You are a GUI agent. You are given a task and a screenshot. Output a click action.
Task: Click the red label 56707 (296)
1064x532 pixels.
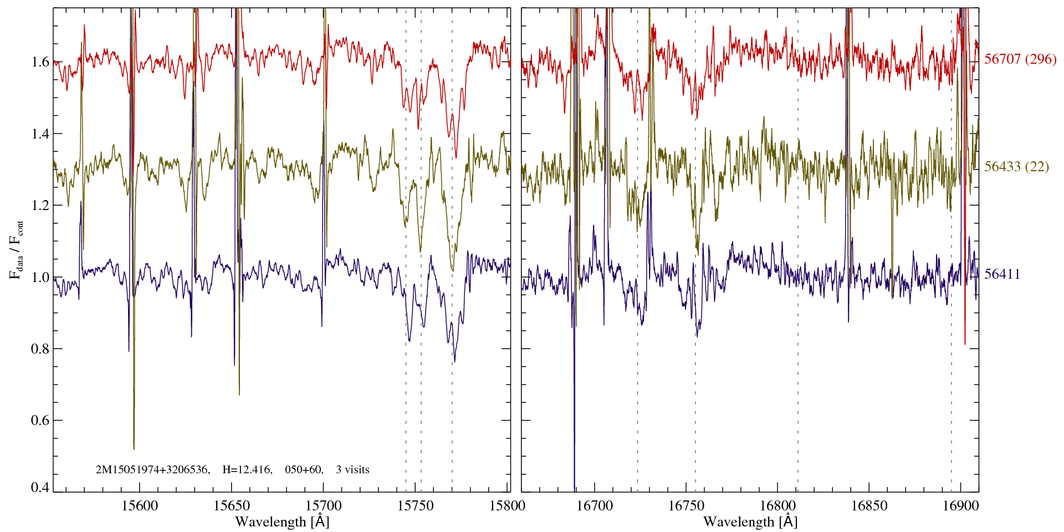coord(1020,59)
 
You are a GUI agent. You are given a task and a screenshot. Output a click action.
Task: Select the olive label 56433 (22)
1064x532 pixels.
coord(1016,167)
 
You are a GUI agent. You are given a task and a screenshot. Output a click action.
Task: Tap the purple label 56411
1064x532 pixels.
coord(1002,274)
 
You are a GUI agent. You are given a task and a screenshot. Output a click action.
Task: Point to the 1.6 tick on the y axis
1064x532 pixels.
coord(40,62)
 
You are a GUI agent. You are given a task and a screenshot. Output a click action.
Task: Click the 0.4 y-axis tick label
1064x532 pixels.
coord(40,488)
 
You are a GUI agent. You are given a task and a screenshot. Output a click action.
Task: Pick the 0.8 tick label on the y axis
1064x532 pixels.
coord(40,349)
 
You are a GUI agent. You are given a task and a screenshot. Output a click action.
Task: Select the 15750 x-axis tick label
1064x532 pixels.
coord(416,505)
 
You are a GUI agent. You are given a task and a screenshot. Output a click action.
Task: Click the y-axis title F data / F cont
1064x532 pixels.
coord(16,249)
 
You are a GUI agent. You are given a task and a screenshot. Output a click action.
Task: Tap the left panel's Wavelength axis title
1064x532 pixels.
coord(282,521)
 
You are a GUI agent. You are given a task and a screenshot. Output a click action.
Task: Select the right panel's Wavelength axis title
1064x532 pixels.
coord(750,521)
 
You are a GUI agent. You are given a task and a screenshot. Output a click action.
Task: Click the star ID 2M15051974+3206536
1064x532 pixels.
coord(152,470)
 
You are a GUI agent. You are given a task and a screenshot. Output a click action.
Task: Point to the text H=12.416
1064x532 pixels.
coord(247,470)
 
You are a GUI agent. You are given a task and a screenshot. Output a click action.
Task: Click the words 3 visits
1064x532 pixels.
coord(352,470)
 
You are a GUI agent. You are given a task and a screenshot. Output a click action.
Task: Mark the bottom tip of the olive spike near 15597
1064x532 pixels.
coord(134,449)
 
